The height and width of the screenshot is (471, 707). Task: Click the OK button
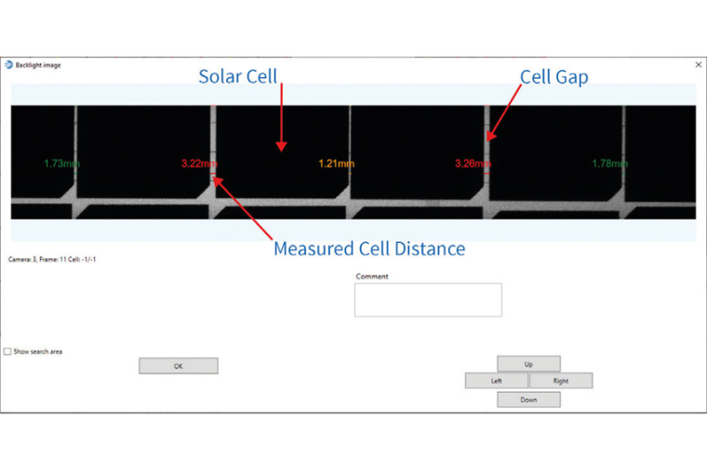point(178,366)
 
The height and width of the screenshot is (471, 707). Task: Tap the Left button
point(497,381)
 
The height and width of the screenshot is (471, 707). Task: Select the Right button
point(561,381)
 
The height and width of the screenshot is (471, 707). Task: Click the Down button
point(528,399)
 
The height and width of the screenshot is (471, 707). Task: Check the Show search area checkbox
point(8,352)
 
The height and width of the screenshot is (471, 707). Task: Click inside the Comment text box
point(428,300)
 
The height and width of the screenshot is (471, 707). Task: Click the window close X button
point(699,64)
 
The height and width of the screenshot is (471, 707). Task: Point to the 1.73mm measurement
point(61,164)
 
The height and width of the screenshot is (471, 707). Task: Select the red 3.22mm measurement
point(199,164)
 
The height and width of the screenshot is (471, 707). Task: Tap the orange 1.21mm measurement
point(336,164)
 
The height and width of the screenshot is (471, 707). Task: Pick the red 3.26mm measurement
point(473,164)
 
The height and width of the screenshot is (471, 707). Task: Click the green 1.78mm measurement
point(610,164)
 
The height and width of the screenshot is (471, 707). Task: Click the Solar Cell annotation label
point(238,76)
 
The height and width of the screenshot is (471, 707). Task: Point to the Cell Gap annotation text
point(554,77)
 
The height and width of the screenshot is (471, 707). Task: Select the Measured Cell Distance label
point(369,249)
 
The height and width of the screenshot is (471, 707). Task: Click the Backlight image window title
point(39,65)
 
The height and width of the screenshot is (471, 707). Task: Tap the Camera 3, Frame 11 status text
point(52,259)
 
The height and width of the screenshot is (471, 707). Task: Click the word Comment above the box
point(372,276)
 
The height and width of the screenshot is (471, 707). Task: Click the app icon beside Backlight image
point(9,65)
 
